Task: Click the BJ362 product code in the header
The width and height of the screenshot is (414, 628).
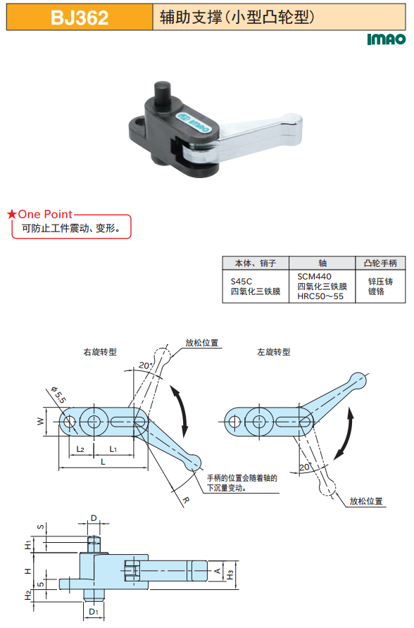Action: click(x=80, y=18)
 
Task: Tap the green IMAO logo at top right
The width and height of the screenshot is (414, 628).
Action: click(x=386, y=39)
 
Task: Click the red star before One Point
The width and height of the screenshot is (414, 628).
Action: click(x=11, y=214)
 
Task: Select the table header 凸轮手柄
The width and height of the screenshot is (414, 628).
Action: click(x=380, y=263)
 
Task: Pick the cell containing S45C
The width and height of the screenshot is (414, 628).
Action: click(x=256, y=286)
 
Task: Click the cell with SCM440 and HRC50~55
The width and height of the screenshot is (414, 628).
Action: click(x=322, y=286)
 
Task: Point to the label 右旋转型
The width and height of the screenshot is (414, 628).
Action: click(x=100, y=352)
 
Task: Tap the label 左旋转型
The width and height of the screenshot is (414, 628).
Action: click(x=273, y=352)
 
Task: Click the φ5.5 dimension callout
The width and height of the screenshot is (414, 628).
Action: click(x=59, y=394)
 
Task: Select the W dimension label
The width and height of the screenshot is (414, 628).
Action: click(x=40, y=421)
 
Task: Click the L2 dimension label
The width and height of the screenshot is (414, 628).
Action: click(x=80, y=449)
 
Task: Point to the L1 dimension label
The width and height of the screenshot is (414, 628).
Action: click(x=113, y=449)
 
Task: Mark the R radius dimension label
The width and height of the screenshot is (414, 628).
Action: click(x=186, y=501)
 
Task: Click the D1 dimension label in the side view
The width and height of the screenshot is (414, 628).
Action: click(x=93, y=612)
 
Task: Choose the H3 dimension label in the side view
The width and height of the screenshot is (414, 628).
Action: click(x=230, y=574)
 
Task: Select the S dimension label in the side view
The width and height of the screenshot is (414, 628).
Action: click(x=40, y=527)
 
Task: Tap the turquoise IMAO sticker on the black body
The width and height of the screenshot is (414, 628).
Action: click(x=194, y=122)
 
